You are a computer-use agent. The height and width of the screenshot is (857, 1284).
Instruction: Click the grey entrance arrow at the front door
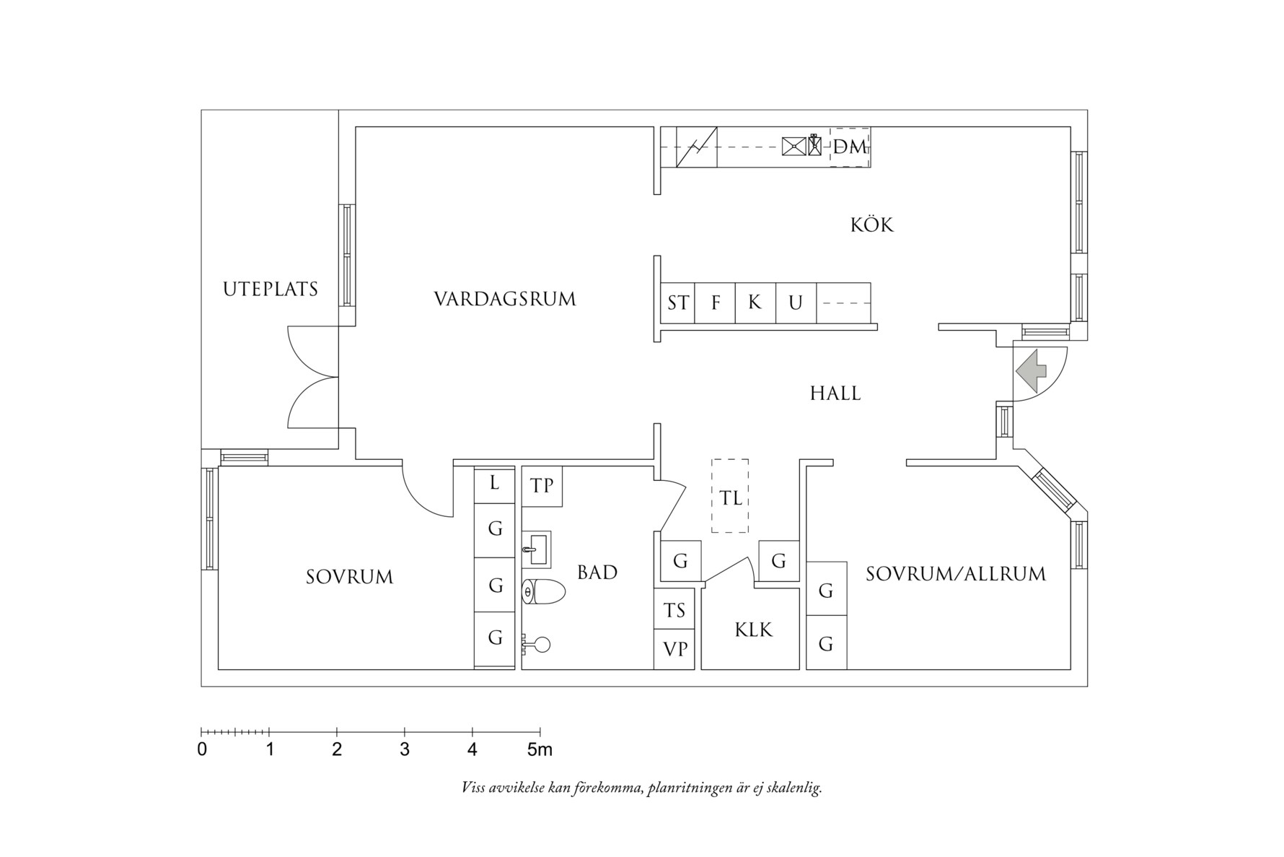pos(1032,371)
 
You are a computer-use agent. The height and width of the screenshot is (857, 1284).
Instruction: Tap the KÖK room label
pos(871,225)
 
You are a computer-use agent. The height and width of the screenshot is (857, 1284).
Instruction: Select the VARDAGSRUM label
pos(505,299)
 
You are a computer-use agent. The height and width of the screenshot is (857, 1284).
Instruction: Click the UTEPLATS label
pos(271,290)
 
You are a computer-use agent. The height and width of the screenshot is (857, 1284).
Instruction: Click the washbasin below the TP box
pos(536,549)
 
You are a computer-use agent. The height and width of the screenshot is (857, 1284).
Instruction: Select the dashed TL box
pos(730,497)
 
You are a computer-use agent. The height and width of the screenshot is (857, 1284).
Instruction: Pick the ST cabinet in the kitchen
pos(677,303)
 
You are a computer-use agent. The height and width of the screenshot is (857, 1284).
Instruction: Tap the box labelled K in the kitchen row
pos(755,303)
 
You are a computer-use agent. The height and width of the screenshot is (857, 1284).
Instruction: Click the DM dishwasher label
pos(850,147)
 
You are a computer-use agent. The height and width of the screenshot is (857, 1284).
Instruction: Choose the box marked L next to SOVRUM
pos(494,483)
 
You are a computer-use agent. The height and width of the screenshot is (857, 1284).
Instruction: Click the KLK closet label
pos(753,630)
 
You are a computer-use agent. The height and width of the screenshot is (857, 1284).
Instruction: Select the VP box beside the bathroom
pos(675,650)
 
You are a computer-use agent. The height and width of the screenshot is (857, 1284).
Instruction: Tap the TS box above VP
pos(674,610)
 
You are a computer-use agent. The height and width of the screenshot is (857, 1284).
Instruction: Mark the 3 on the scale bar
pos(405,749)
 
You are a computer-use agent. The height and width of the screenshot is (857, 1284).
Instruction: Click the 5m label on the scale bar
pos(539,749)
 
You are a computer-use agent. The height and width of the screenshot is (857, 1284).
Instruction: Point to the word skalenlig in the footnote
pos(796,788)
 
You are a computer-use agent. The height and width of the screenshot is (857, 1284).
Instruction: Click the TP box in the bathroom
pos(542,486)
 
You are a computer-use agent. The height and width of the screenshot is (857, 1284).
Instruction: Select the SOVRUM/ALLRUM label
pos(955,575)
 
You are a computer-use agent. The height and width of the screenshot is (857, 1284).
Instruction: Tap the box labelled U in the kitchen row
pos(795,303)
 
